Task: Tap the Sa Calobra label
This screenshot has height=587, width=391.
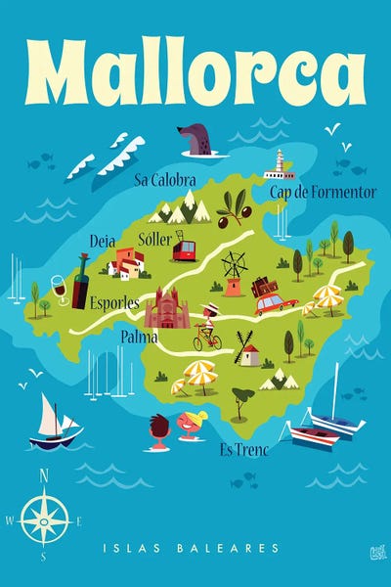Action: point(165,180)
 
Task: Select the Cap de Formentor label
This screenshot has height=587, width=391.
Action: point(323,192)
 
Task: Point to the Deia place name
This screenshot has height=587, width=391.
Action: point(102,241)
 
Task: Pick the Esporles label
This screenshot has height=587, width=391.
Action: point(114,302)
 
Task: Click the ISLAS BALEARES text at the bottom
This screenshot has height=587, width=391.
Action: point(195,549)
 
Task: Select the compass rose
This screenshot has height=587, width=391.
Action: point(44,519)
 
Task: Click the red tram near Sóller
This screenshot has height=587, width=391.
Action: point(184,250)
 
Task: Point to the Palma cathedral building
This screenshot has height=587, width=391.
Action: point(166,310)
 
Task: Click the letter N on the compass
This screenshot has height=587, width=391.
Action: point(44,476)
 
